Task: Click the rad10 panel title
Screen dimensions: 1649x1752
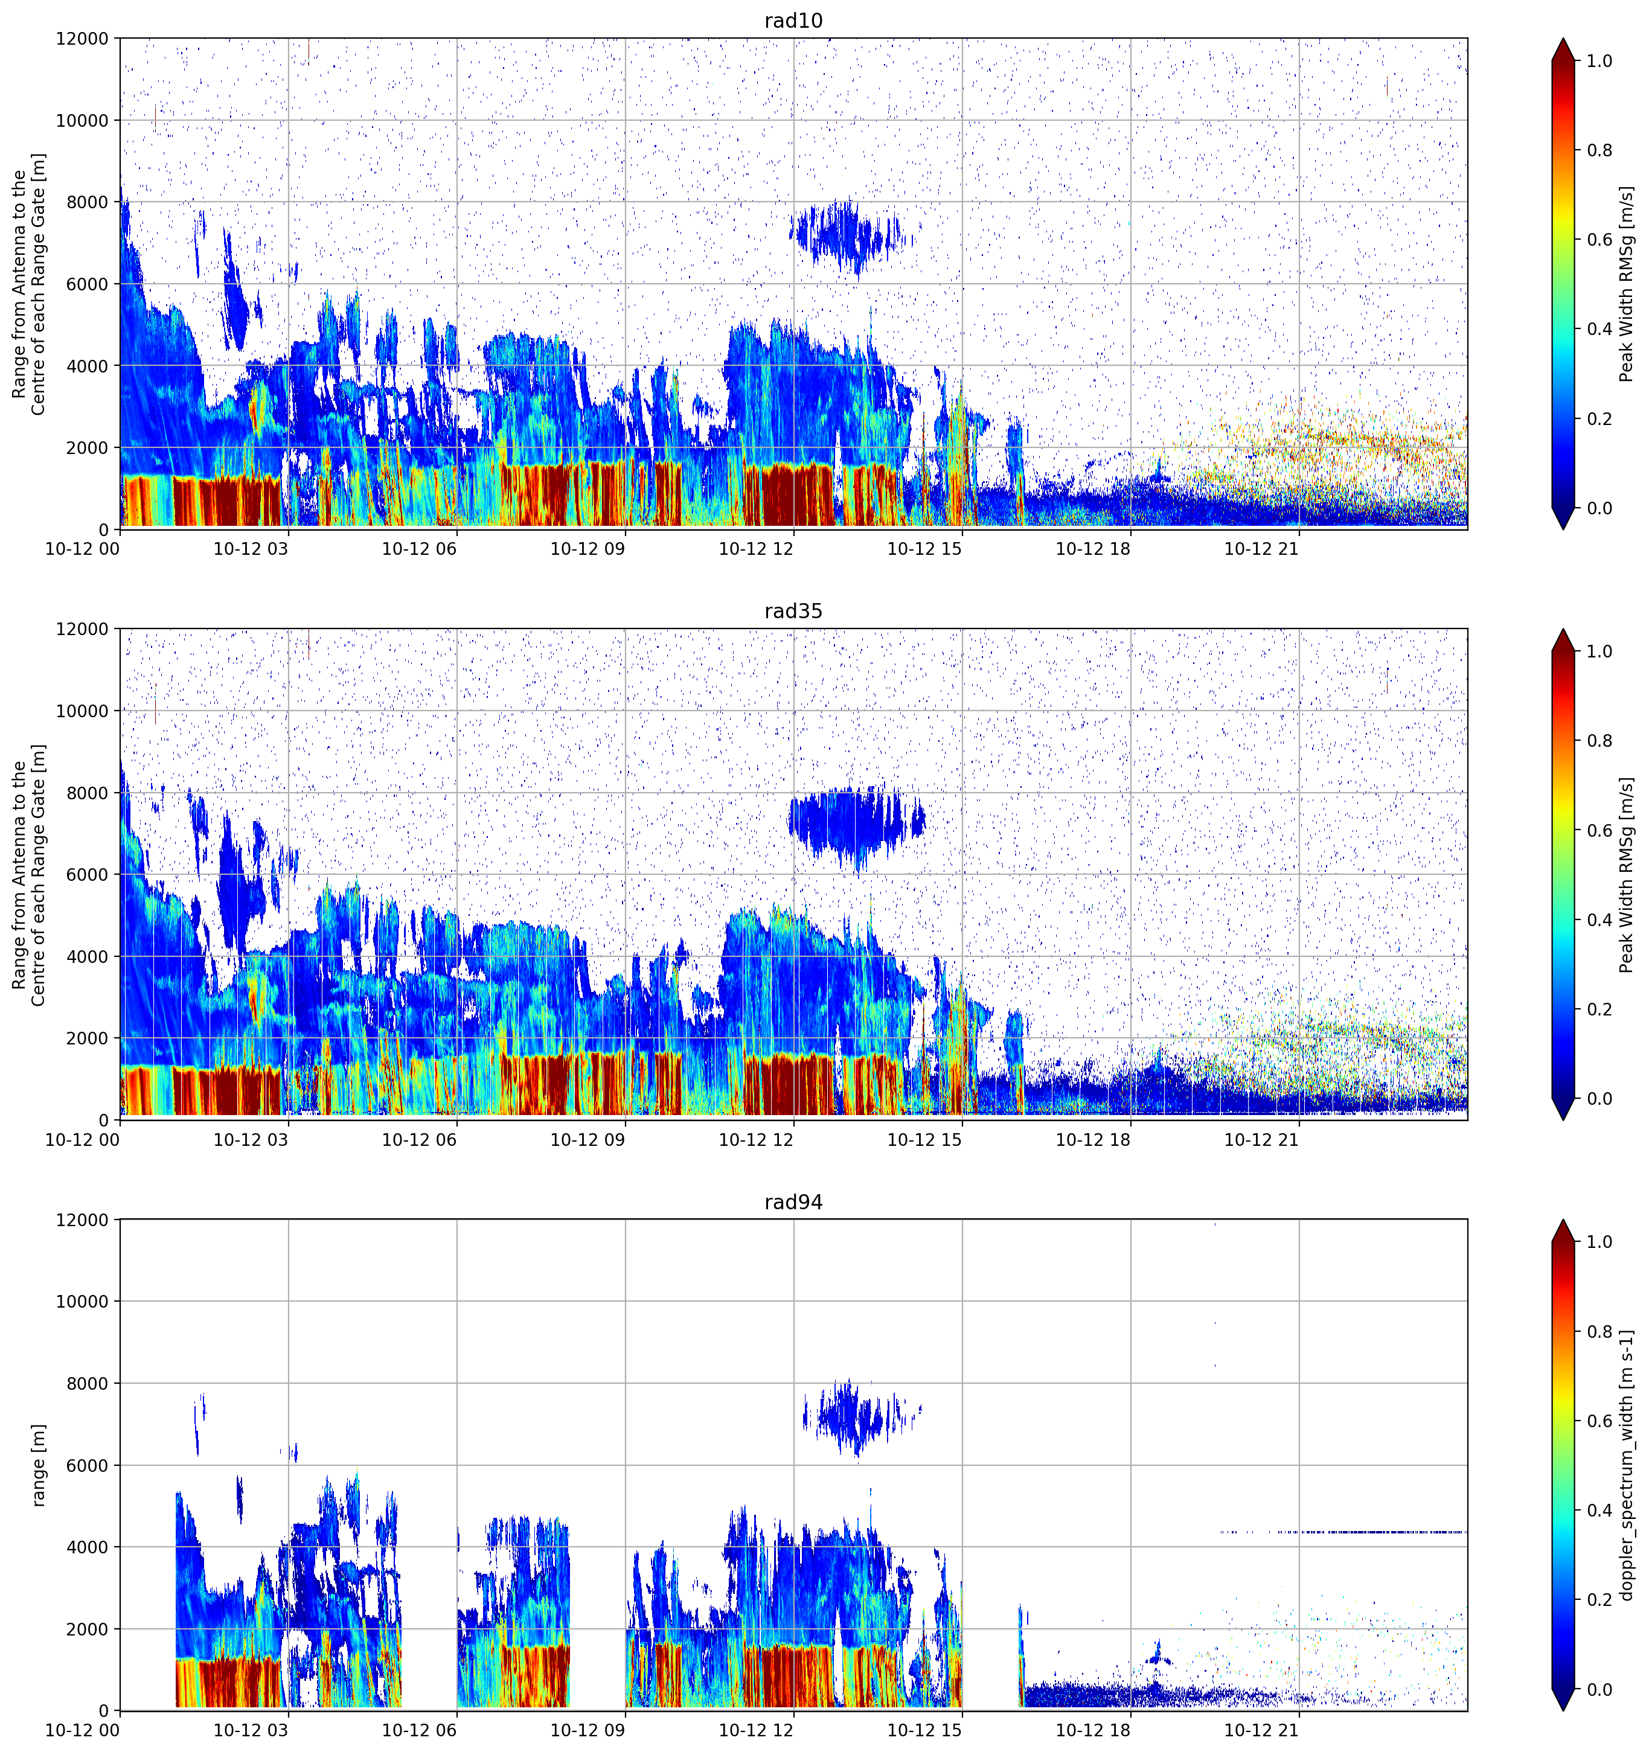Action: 793,21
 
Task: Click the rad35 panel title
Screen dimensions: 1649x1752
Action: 793,611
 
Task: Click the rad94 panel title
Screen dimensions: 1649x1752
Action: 793,1202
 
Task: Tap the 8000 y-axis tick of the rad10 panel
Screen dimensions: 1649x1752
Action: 89,202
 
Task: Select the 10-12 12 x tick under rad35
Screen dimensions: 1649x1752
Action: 755,1139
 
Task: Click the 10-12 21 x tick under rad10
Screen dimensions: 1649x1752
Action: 1261,548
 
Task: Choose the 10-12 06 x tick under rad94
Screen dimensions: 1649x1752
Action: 418,1730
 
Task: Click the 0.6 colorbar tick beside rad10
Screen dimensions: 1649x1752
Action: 1599,240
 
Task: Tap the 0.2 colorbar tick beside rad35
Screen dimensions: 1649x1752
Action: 1599,1009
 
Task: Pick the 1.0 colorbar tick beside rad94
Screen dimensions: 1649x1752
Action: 1599,1242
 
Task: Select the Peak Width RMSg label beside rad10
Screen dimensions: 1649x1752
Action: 1627,284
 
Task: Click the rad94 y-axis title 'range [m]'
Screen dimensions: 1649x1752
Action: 38,1465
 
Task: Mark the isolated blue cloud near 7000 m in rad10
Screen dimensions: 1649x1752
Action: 846,235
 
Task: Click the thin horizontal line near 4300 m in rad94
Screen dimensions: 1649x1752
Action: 1343,1532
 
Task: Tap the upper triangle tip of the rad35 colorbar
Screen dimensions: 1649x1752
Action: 1563,629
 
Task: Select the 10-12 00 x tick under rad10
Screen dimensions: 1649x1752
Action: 82,548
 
